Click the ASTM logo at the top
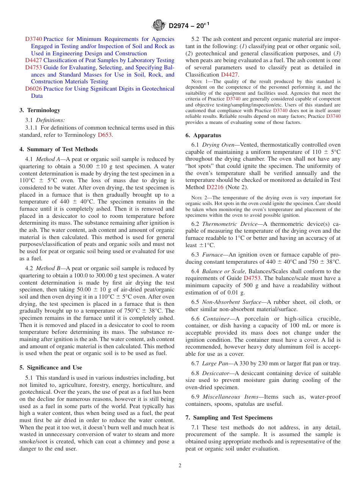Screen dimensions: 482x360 159,25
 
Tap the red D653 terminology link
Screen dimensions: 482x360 105,135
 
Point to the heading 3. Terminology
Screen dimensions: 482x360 40,110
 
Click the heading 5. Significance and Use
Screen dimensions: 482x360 50,368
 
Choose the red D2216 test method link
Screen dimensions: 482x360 215,187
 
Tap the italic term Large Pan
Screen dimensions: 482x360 215,363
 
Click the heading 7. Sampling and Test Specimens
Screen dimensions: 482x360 229,418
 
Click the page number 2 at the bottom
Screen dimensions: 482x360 180,466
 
